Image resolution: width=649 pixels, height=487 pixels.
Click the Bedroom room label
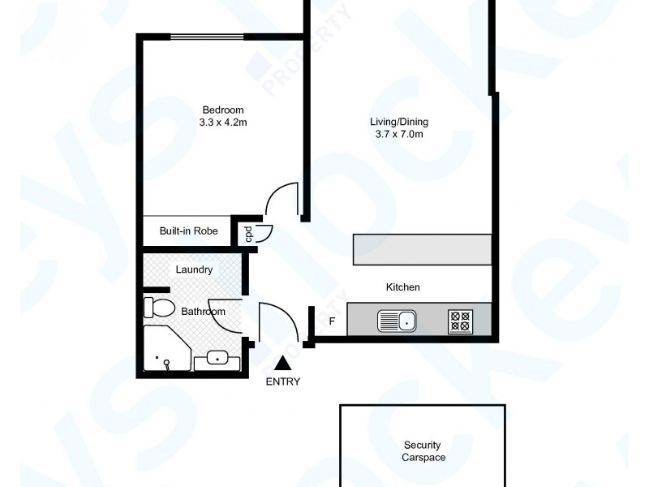coord(222,110)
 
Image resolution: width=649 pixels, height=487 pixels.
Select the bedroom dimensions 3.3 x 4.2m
coord(222,123)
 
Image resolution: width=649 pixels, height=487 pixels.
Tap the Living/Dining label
coord(399,122)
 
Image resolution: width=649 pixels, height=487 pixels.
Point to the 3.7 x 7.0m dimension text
coord(399,135)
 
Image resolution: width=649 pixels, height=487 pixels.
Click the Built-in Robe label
coord(188,231)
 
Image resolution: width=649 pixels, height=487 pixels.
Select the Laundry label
coord(194,269)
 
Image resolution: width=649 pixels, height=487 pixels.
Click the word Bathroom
coord(203,311)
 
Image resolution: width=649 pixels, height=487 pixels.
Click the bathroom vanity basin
coord(217,357)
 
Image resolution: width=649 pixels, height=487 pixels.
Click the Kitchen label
coord(402,287)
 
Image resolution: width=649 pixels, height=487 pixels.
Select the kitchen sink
coord(397,321)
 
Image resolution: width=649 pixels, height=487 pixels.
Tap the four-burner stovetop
coord(460,321)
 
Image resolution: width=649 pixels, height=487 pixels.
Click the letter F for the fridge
coord(331,321)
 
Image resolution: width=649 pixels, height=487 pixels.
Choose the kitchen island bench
coord(422,249)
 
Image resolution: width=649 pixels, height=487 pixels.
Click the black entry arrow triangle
coord(282,364)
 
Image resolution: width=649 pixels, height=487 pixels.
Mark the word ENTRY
coord(282,381)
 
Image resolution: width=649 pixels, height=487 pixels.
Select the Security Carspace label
coord(423,451)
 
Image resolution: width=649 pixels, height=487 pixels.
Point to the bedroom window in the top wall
coord(207,37)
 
